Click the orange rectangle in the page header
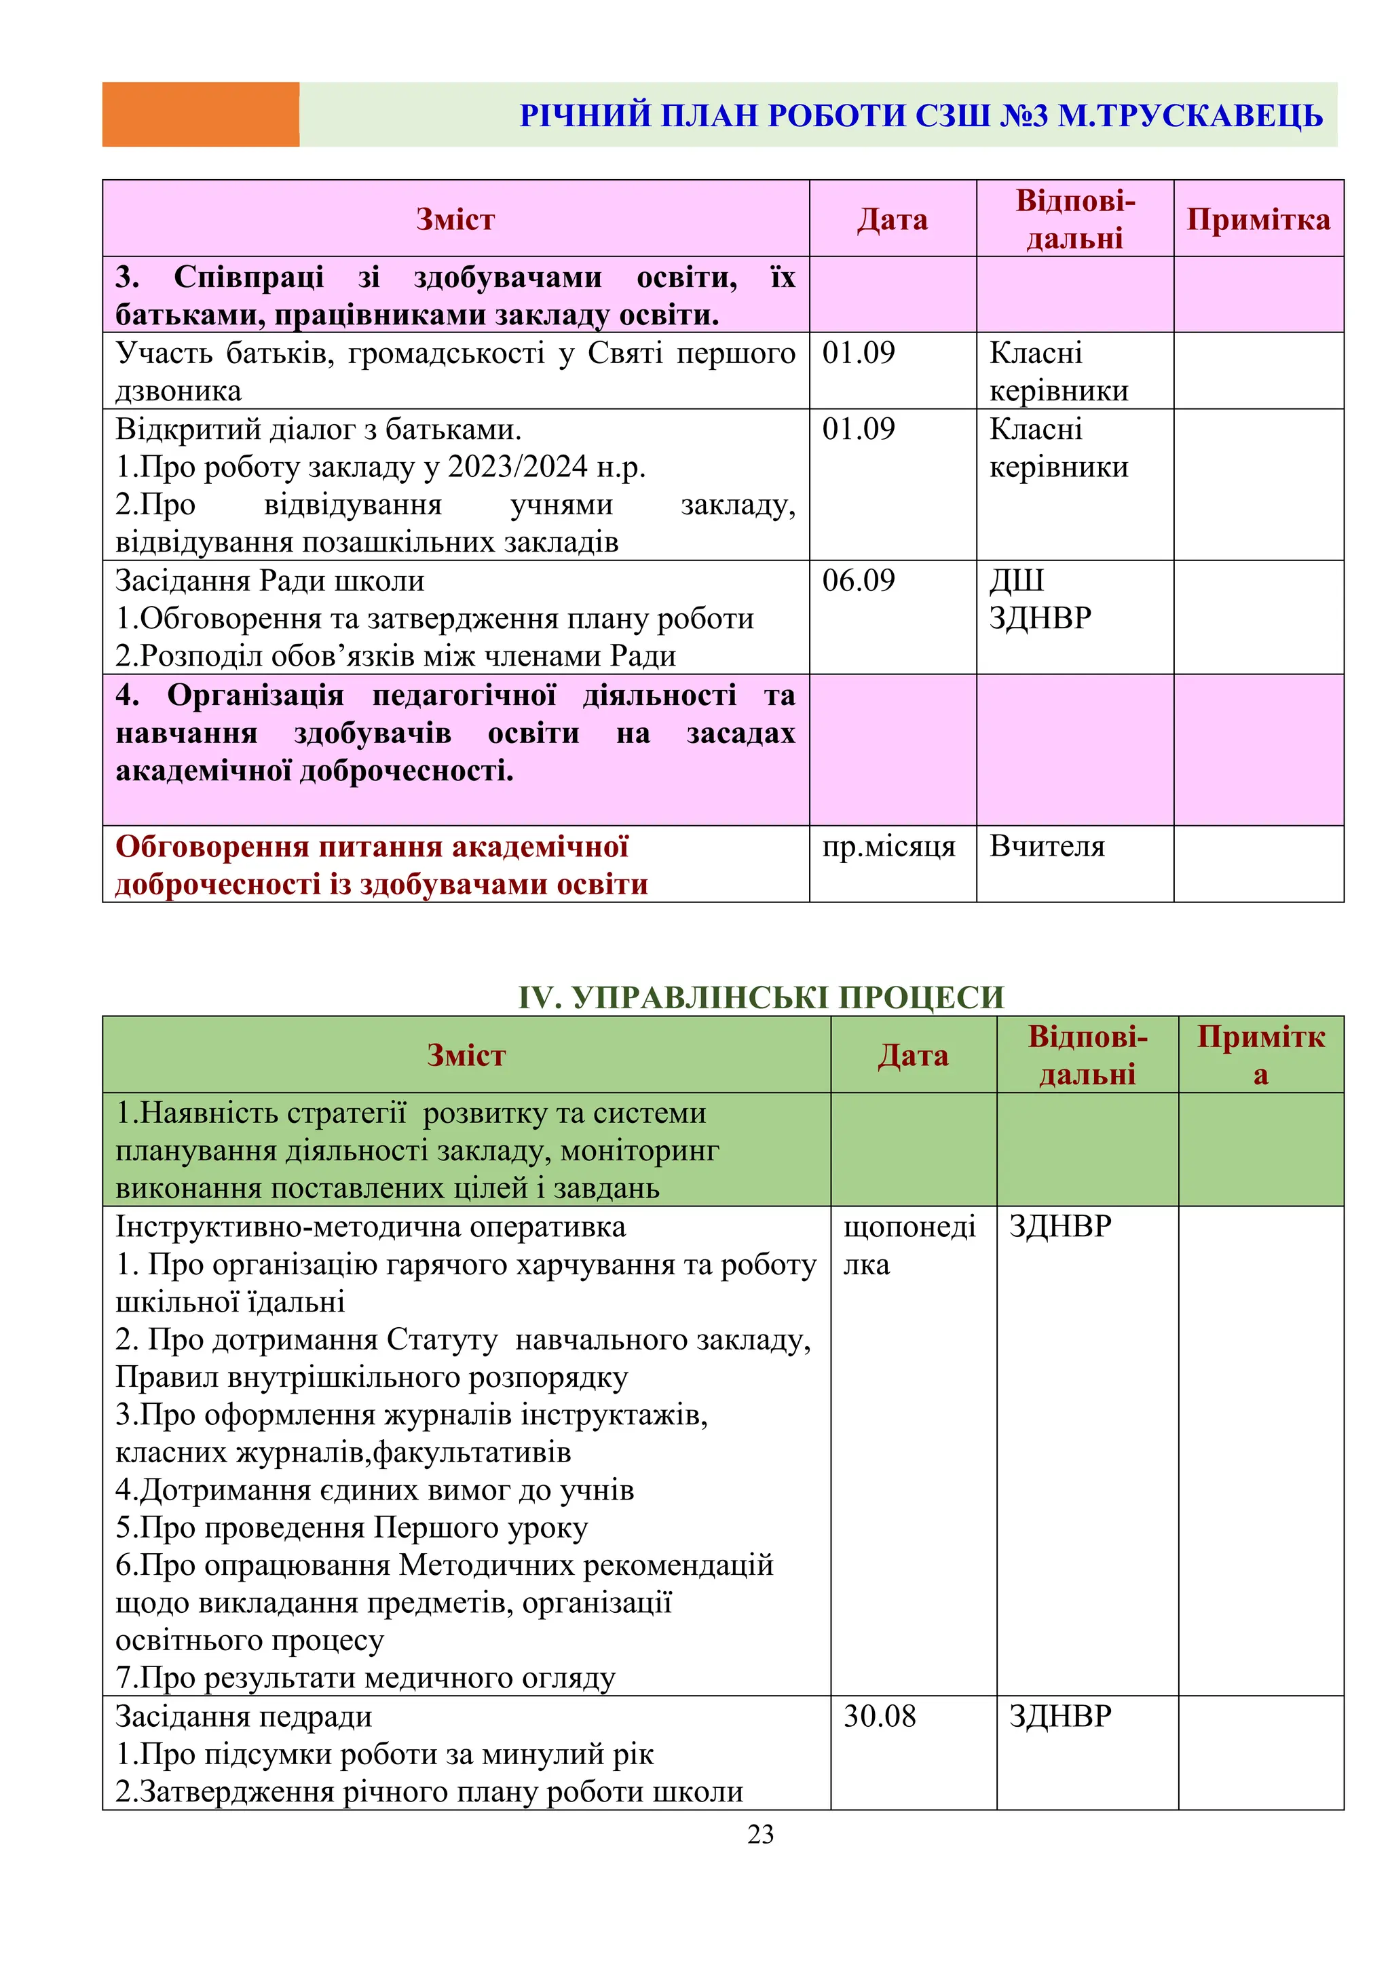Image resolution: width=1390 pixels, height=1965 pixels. coord(200,115)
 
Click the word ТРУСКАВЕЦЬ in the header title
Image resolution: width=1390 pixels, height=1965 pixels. coord(1190,115)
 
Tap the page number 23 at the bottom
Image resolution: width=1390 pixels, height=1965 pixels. coord(760,1834)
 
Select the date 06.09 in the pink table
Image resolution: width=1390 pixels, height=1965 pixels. coord(859,581)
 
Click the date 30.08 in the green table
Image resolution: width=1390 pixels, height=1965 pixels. coord(879,1716)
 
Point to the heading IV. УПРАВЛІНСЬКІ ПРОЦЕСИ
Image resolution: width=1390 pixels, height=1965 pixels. coord(760,997)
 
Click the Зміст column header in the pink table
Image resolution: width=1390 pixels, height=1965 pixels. coord(455,220)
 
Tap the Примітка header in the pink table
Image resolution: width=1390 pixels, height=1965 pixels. coord(1258,220)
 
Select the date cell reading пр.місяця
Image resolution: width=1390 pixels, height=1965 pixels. coord(888,846)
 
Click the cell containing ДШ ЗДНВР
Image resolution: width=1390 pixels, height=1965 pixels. coord(1040,599)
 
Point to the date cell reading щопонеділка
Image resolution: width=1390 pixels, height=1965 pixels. coord(909,1245)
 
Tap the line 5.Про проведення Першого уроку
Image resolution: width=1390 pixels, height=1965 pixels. coord(352,1527)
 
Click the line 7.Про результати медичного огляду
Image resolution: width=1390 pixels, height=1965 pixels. coord(365,1678)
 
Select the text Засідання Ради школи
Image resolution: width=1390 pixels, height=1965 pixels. coord(269,581)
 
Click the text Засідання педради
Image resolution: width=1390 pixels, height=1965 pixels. coord(244,1716)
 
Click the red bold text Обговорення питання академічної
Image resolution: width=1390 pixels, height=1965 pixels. coord(371,846)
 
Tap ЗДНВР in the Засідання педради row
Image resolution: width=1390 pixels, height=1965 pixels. coord(1059,1716)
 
